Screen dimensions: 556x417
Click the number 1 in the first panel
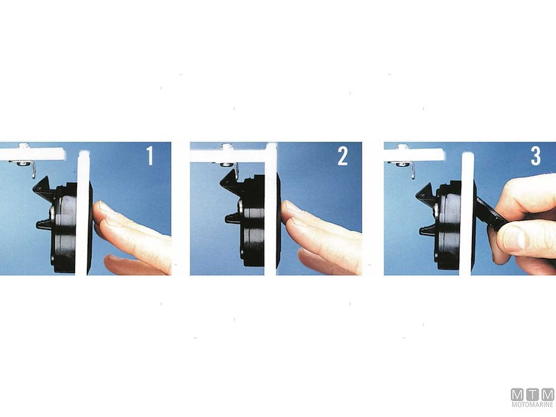point(150,156)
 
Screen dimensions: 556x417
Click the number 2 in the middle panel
point(343,156)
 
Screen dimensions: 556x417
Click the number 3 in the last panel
point(535,156)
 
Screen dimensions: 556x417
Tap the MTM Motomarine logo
point(532,398)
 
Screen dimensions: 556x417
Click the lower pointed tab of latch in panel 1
point(45,224)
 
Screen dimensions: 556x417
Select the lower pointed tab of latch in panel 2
point(234,218)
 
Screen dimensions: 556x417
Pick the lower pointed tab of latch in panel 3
point(428,230)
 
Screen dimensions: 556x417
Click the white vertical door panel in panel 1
point(83,213)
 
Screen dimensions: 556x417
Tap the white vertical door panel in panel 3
point(467,214)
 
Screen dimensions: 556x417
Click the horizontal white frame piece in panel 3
point(414,154)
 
